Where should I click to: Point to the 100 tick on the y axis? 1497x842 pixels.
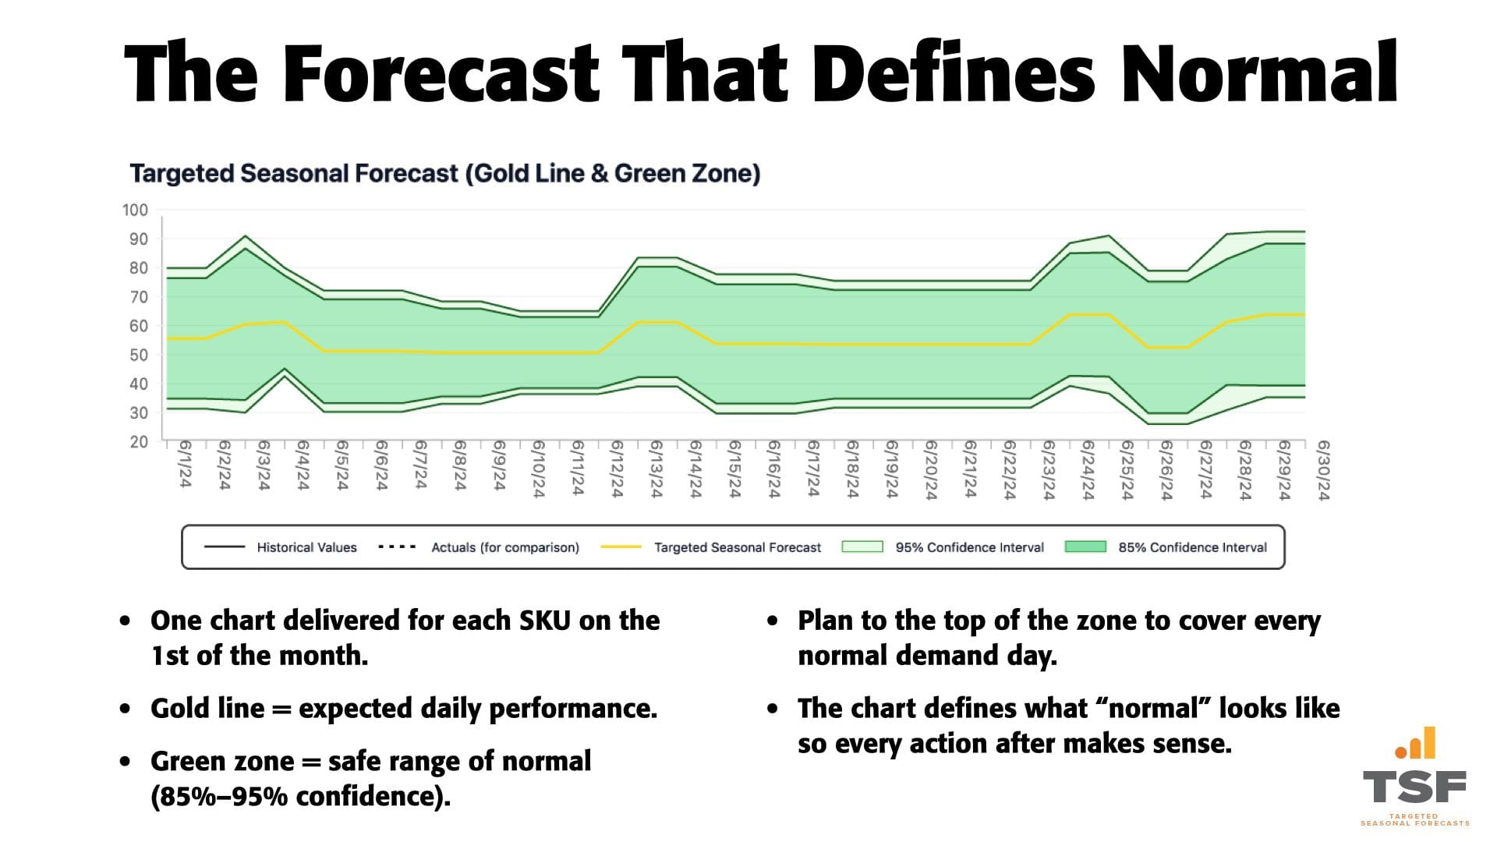(135, 210)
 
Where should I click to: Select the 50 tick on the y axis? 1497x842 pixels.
(138, 355)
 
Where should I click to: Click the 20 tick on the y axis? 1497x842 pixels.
(138, 441)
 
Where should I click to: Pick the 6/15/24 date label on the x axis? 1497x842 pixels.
(734, 469)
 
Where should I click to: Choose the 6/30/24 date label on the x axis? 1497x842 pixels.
(1322, 469)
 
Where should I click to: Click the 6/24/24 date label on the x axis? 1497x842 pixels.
(1087, 469)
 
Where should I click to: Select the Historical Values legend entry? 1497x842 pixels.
(306, 547)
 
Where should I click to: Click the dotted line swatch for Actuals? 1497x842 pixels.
(396, 547)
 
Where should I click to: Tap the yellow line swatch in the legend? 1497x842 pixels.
(621, 547)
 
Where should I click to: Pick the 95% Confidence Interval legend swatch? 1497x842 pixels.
(862, 547)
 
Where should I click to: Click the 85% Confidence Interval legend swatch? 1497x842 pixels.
(1085, 547)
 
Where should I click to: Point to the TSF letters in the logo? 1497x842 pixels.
(1414, 787)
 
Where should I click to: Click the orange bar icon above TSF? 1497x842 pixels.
(1416, 744)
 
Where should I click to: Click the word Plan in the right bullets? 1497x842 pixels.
(826, 621)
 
